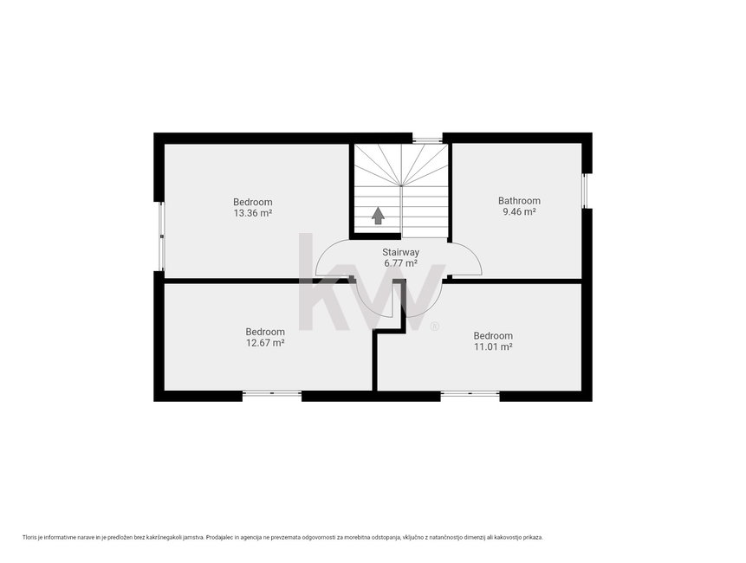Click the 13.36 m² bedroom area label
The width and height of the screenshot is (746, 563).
click(253, 213)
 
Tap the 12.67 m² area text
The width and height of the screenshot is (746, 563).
click(265, 343)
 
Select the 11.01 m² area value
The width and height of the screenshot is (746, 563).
click(493, 346)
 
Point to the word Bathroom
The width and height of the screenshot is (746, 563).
click(519, 201)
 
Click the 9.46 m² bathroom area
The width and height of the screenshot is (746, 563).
click(519, 212)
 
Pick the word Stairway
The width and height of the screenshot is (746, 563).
click(400, 252)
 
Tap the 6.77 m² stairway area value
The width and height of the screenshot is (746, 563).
click(400, 263)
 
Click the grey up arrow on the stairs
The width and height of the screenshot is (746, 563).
click(378, 216)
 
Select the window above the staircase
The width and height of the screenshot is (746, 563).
click(427, 139)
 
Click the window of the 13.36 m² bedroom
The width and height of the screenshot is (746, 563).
click(162, 236)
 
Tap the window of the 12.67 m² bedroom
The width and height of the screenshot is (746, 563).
click(272, 393)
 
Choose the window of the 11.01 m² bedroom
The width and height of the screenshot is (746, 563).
click(470, 393)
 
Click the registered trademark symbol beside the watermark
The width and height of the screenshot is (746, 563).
click(434, 327)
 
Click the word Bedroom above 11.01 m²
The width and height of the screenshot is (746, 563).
click(493, 336)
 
